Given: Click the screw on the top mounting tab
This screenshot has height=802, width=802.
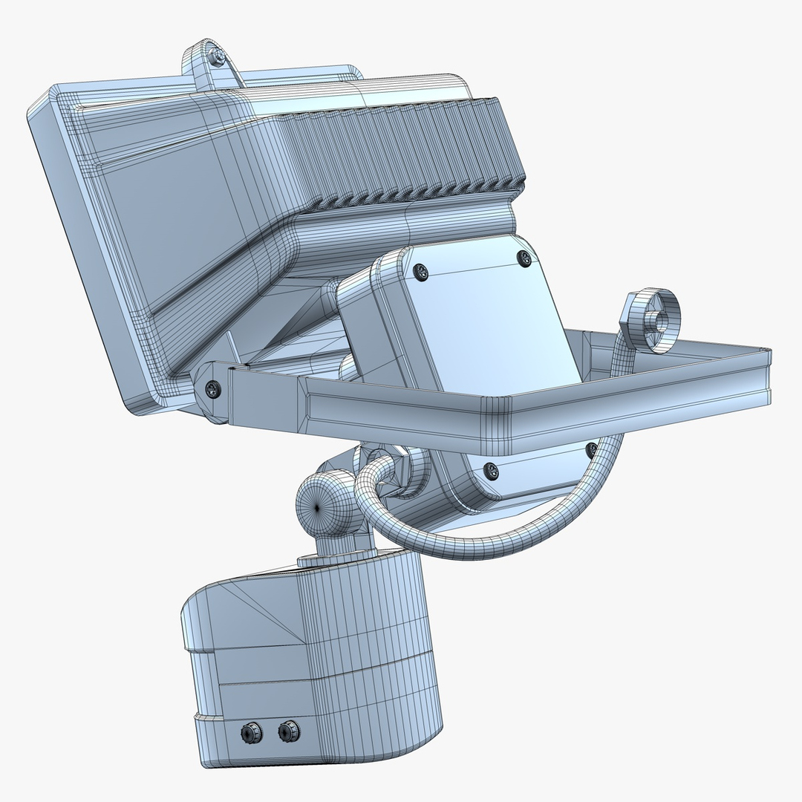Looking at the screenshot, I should [x=216, y=56].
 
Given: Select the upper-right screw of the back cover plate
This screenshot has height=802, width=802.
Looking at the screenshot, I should [x=524, y=258].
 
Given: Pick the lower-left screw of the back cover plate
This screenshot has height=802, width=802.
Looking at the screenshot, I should [x=490, y=469].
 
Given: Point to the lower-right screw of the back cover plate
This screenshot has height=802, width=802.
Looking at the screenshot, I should [x=591, y=449].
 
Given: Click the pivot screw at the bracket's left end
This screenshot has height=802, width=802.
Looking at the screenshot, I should [x=212, y=388].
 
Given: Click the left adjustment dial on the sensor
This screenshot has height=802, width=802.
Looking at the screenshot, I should [x=250, y=734].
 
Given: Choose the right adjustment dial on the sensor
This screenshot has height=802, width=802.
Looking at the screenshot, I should [x=288, y=732].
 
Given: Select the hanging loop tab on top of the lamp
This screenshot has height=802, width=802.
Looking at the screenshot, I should [x=212, y=67].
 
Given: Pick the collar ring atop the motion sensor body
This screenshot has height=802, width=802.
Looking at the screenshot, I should [x=334, y=557].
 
